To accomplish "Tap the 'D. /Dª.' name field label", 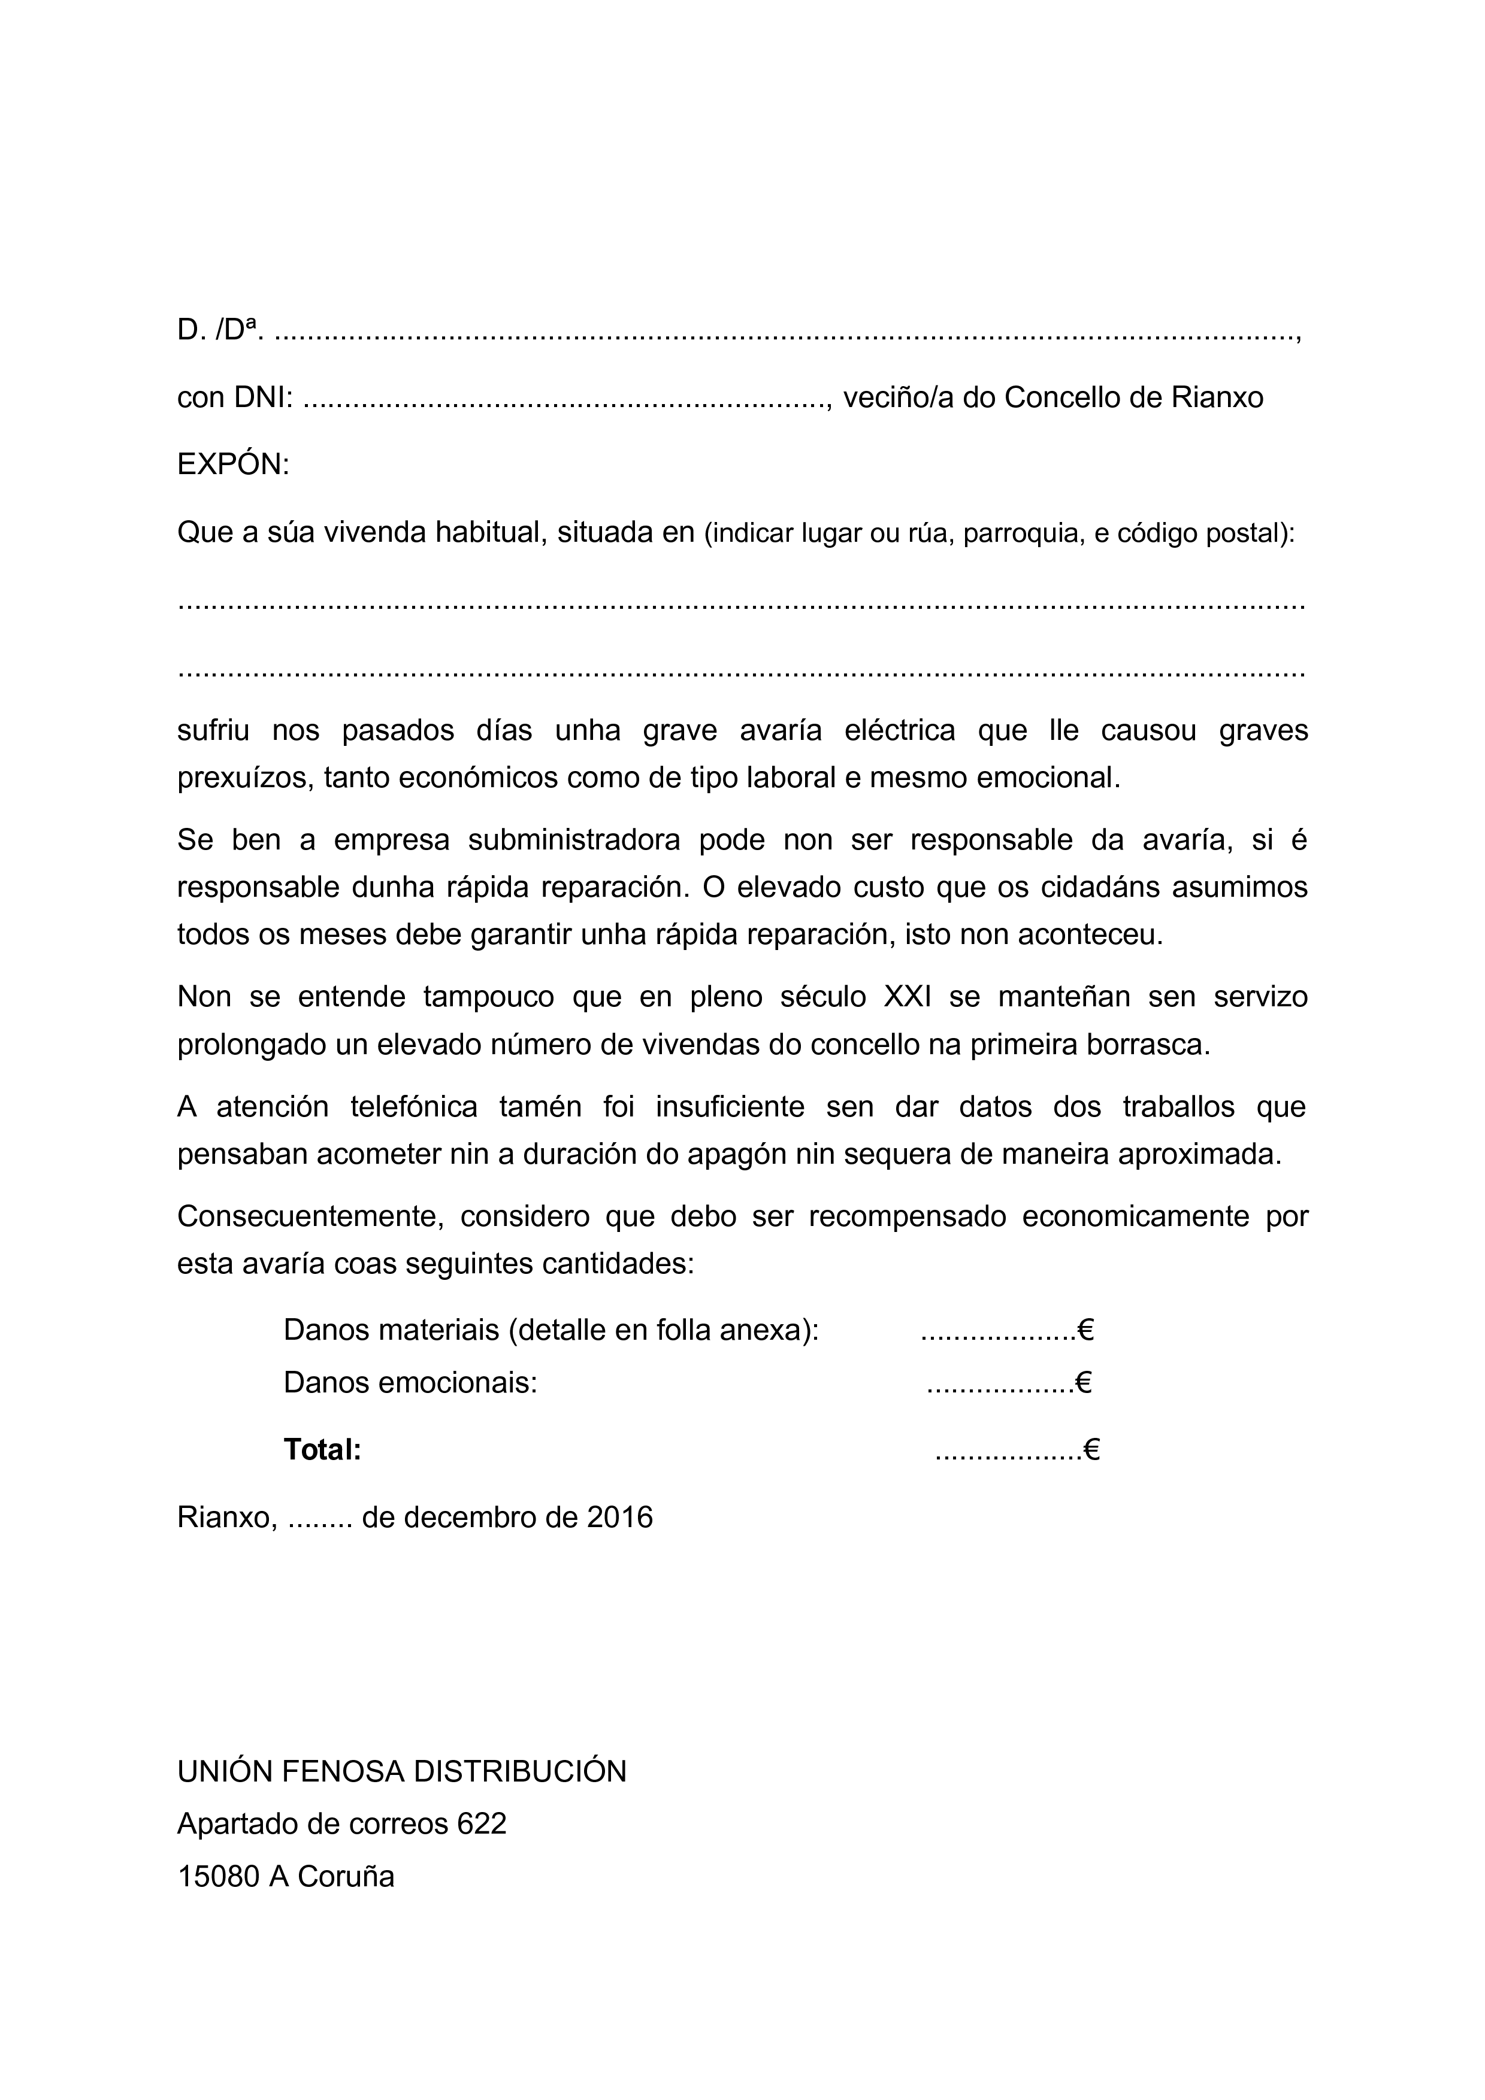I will click(220, 330).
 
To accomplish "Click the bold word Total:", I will click(322, 1450).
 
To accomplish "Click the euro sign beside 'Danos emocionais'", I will click(1083, 1382).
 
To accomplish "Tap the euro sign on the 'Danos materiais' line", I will click(1086, 1329).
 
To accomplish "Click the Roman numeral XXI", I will click(908, 996).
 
